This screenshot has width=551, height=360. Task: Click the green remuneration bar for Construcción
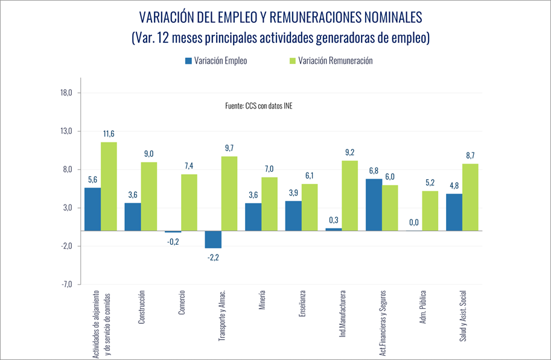[x=149, y=196]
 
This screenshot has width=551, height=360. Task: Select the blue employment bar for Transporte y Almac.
[x=213, y=239]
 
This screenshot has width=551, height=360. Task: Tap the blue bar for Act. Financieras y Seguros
[x=374, y=204]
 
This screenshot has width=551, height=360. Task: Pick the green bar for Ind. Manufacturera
[x=349, y=195]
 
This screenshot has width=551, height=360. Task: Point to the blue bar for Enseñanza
[x=293, y=215]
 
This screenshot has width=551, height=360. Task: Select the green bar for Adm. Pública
[x=430, y=210]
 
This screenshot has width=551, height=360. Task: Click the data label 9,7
[x=229, y=148]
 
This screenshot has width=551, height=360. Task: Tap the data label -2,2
[x=213, y=257]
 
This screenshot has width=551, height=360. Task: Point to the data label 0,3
[x=333, y=219]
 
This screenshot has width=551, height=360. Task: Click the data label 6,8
[x=374, y=171]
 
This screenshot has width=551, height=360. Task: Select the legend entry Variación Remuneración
[x=335, y=61]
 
